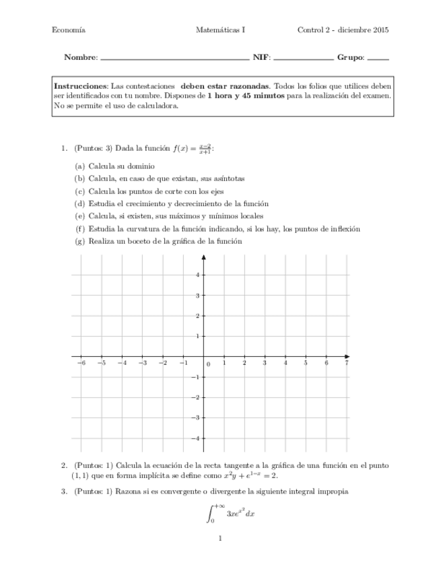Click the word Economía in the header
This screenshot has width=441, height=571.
coord(68,30)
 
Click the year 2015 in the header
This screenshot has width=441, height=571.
coord(380,30)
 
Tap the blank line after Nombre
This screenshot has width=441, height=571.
coord(174,59)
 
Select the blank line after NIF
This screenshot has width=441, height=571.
coord(304,59)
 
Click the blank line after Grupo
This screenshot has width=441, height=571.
coord(378,59)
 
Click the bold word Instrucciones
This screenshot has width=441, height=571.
coord(80,87)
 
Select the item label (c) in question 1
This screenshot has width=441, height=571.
coord(79,191)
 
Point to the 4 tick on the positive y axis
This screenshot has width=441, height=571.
coord(197,275)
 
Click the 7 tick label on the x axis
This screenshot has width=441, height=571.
coord(346,363)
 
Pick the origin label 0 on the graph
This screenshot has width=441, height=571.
coord(208,364)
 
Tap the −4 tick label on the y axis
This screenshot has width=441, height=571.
coord(195,438)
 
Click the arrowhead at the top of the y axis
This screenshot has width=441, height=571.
coord(203,259)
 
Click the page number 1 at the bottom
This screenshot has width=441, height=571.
coord(220,538)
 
